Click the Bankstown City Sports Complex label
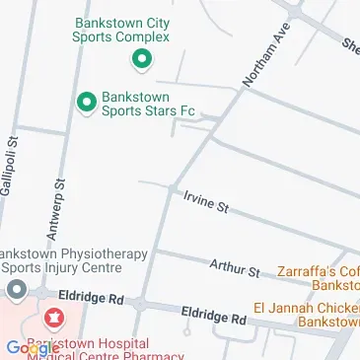122,30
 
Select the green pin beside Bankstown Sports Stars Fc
87,101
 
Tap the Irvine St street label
205,203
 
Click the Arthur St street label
234,265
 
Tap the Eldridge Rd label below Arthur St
213,316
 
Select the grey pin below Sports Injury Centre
16,291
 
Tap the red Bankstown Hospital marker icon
53,318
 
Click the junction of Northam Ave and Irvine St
172,188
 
